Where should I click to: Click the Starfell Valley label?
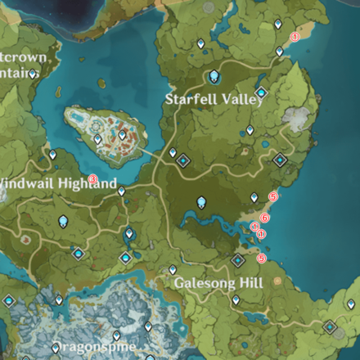click(x=214, y=98)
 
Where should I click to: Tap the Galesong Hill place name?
click(x=218, y=283)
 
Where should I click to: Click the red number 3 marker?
click(x=92, y=179)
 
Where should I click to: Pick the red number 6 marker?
click(x=264, y=217)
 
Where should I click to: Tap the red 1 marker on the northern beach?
click(x=295, y=37)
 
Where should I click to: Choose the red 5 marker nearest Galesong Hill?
click(x=262, y=259)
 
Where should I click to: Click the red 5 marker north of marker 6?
click(x=273, y=196)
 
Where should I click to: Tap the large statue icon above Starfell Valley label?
click(x=214, y=77)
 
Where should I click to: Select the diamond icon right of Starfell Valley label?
click(x=261, y=92)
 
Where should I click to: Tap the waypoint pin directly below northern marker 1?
click(x=279, y=51)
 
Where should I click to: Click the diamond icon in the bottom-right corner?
click(x=331, y=327)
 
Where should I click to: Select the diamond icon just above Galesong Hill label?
click(x=237, y=261)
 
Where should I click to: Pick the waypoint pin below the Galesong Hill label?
click(x=236, y=300)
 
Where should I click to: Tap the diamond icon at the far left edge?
click(x=10, y=300)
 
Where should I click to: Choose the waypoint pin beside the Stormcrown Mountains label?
click(x=32, y=74)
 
